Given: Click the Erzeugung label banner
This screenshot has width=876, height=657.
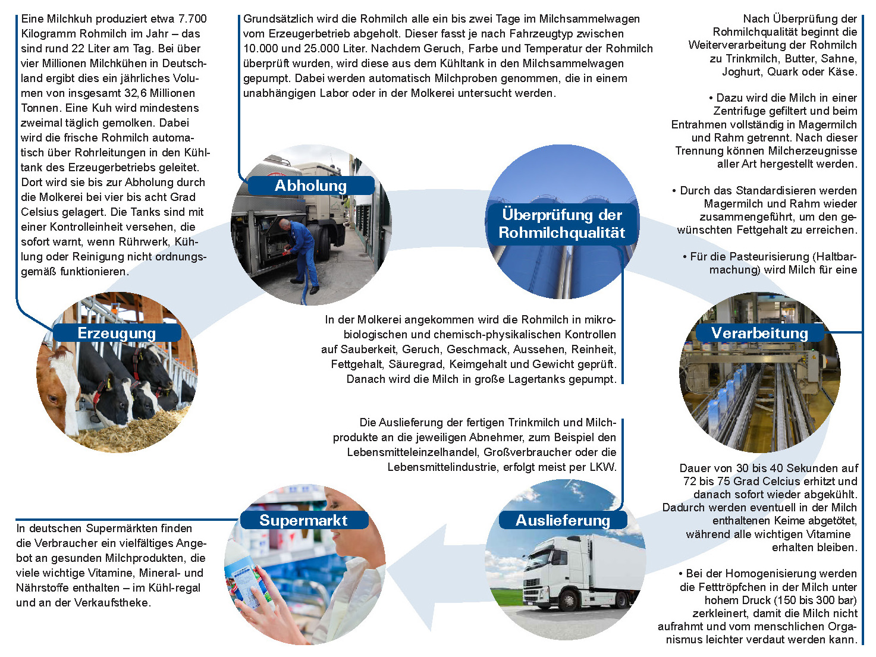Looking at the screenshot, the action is coord(117,333).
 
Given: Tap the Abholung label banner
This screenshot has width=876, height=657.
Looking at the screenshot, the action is coord(311,186).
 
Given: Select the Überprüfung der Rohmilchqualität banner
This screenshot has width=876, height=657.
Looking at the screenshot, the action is coord(562,224).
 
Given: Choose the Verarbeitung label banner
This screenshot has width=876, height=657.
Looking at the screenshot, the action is coord(760,333).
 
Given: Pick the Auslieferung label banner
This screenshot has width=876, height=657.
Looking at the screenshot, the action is coord(563,520).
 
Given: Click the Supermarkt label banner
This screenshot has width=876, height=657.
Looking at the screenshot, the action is coord(304,520).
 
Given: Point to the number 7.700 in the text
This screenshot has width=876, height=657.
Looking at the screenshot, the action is coord(192,19).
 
